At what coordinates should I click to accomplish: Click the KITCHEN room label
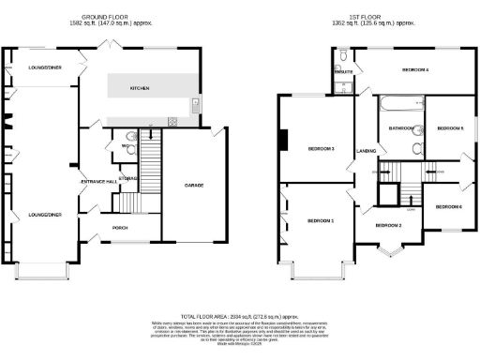pos(140,89)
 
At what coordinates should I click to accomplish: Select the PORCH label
pos(119,227)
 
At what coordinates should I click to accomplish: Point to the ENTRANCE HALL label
pos(97,180)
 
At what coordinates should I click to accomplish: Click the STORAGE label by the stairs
pos(128,178)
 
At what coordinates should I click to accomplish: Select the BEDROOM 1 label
pos(321,220)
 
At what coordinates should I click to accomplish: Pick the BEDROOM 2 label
pos(388,226)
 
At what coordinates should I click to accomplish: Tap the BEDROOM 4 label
pos(415,70)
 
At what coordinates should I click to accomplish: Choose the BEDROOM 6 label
pos(448,206)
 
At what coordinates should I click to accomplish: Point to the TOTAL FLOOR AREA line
pos(239,319)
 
